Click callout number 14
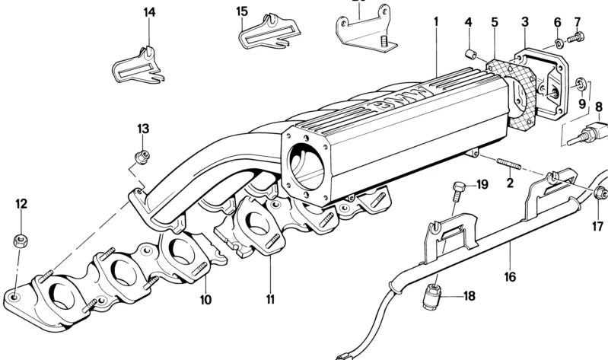point(148,12)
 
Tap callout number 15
point(242,11)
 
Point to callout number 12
point(22,203)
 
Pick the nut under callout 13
point(141,156)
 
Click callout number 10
point(205,299)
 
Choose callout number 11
point(269,299)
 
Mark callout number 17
point(598,226)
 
